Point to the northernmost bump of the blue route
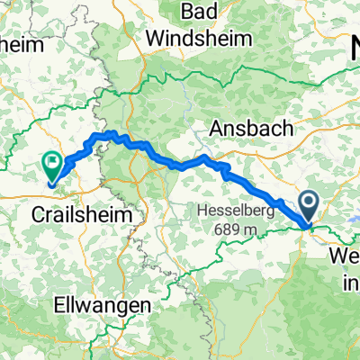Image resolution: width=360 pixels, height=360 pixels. [111, 133]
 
